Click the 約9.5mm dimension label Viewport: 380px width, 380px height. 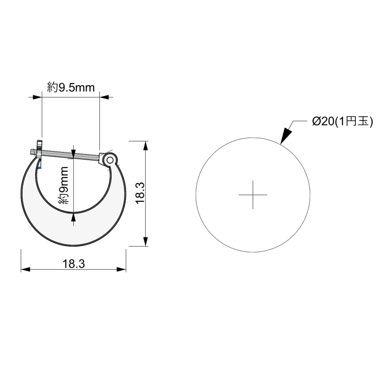point(71,87)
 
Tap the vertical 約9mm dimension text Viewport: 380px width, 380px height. point(64,185)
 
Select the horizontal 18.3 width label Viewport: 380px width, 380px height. point(74,264)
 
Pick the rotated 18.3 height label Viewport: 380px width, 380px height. point(140,193)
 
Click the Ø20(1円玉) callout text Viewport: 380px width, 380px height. point(342,121)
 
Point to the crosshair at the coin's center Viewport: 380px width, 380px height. point(253,195)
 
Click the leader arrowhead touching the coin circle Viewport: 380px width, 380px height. point(286,135)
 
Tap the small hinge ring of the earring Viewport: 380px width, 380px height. point(110,160)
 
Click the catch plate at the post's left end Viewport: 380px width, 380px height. point(39,153)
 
